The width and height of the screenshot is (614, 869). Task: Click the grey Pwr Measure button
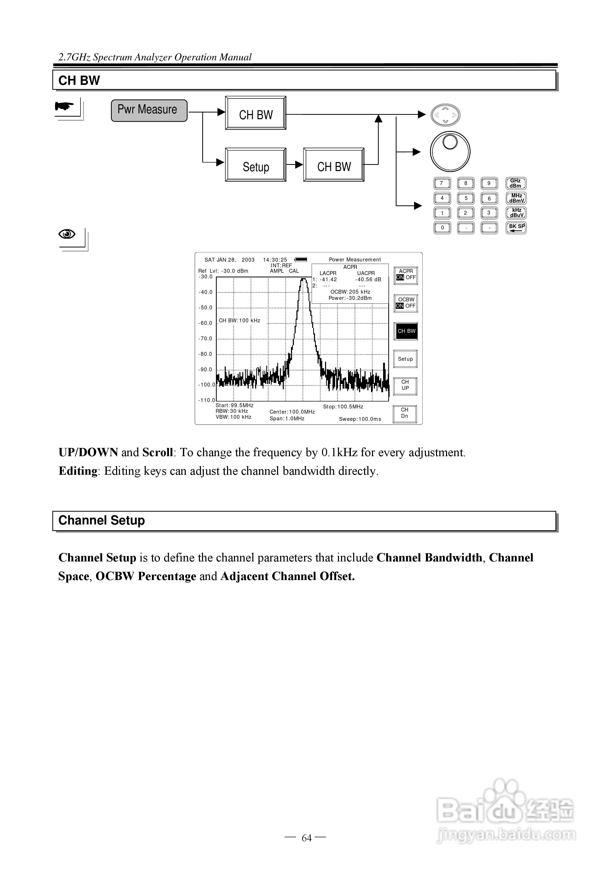(149, 110)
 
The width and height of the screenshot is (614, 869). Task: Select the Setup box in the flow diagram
(255, 165)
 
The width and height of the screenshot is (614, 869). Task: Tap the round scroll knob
(450, 151)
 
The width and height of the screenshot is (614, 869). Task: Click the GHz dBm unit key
(515, 183)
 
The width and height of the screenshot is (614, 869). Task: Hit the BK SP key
(515, 228)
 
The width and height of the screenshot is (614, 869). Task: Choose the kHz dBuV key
(515, 213)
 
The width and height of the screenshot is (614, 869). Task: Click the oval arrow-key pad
(446, 115)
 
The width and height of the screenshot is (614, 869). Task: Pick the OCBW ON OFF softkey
(406, 303)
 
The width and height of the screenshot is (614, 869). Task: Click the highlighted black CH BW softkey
(406, 331)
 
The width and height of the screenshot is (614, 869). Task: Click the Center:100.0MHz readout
(292, 412)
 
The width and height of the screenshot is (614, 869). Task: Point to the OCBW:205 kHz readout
(350, 292)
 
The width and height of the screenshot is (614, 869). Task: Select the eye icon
(67, 234)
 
